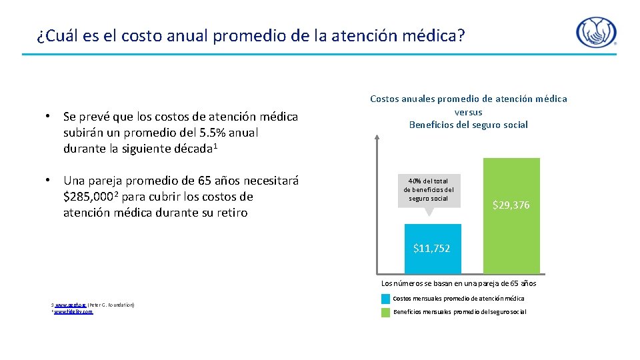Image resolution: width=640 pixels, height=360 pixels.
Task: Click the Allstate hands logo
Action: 596,33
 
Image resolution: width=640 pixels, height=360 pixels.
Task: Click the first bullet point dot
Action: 49,116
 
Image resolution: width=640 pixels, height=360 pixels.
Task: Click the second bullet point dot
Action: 49,181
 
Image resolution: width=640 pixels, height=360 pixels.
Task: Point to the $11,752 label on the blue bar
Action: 431,248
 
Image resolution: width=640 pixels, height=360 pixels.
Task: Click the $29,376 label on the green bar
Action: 511,205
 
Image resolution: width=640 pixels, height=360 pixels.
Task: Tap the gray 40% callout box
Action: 429,190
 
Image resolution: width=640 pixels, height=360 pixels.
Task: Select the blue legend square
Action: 385,299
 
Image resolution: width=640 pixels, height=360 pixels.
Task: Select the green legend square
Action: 385,312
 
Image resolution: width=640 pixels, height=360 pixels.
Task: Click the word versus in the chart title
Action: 468,112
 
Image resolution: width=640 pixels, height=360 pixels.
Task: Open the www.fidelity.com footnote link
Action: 73,311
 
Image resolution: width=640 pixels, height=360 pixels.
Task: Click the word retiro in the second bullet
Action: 231,213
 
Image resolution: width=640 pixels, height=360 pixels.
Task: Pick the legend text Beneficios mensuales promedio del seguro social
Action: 459,312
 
